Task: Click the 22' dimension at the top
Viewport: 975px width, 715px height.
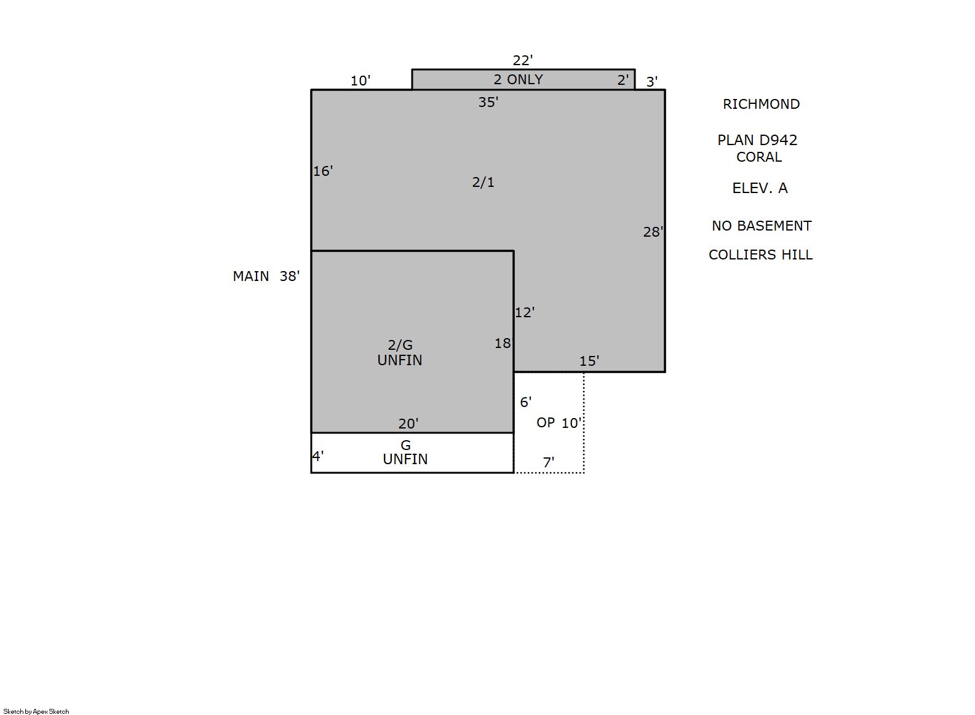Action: pyautogui.click(x=522, y=60)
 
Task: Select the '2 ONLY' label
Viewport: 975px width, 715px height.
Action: pyautogui.click(x=518, y=79)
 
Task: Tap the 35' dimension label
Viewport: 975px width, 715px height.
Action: pyautogui.click(x=488, y=102)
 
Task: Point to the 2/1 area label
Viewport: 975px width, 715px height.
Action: pyautogui.click(x=483, y=182)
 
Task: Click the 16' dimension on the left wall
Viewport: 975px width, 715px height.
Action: pyautogui.click(x=323, y=172)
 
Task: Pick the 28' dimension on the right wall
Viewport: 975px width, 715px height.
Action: pyautogui.click(x=653, y=232)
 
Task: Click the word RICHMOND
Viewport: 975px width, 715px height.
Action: pyautogui.click(x=762, y=105)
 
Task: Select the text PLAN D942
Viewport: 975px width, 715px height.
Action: pyautogui.click(x=757, y=140)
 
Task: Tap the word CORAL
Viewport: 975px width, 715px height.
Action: pyautogui.click(x=759, y=157)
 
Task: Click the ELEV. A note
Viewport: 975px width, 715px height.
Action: pyautogui.click(x=760, y=188)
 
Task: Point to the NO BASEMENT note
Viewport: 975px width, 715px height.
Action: pyautogui.click(x=762, y=226)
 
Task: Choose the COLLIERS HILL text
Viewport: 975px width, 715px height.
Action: pyautogui.click(x=760, y=255)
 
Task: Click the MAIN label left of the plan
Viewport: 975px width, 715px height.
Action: pyautogui.click(x=251, y=277)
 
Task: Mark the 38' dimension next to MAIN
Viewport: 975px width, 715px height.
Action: pyautogui.click(x=290, y=277)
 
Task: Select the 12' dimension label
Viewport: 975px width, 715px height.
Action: pyautogui.click(x=525, y=313)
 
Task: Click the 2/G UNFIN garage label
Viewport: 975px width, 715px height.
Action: pyautogui.click(x=400, y=353)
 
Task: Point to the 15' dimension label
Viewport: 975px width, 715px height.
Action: pyautogui.click(x=589, y=361)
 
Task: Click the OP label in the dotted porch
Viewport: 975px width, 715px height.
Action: pyautogui.click(x=546, y=423)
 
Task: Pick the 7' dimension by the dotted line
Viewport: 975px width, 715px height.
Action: pyautogui.click(x=549, y=462)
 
